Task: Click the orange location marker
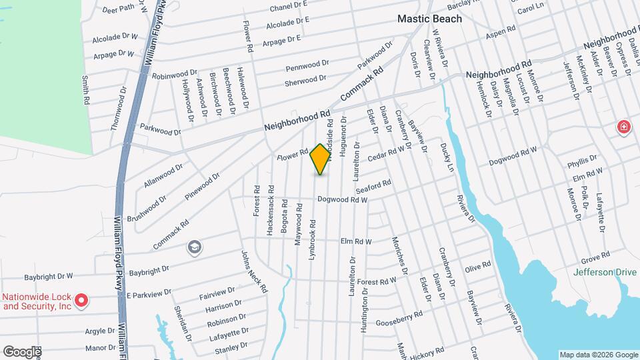tap(321, 159)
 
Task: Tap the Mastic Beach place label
tap(429, 19)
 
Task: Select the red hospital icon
tap(623, 127)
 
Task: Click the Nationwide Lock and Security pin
tap(81, 301)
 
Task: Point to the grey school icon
tap(194, 248)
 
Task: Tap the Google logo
tap(21, 351)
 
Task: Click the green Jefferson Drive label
tap(603, 272)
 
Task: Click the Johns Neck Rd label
tap(254, 271)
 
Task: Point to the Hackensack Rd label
tap(270, 199)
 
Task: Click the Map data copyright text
tap(598, 355)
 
